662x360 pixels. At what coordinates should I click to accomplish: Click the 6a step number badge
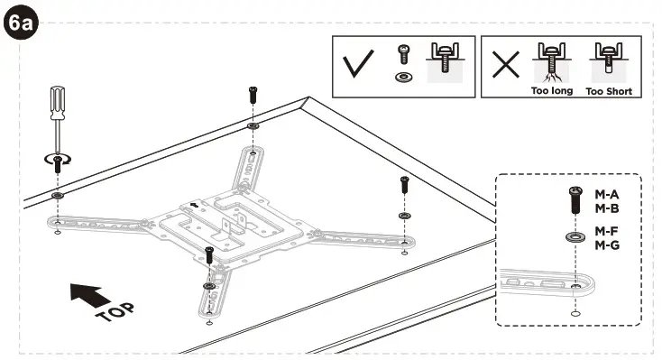(20, 22)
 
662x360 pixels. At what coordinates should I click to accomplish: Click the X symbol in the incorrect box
(507, 66)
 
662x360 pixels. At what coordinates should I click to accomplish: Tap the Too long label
(551, 91)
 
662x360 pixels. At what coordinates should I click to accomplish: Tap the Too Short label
(609, 91)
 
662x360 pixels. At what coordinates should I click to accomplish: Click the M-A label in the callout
(606, 194)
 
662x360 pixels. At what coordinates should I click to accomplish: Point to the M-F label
(606, 232)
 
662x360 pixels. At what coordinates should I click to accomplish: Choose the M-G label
(606, 245)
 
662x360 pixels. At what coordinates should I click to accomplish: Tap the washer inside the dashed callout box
(575, 237)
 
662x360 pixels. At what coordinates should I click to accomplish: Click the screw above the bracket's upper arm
(253, 95)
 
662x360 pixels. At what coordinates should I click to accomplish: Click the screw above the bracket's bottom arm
(209, 255)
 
